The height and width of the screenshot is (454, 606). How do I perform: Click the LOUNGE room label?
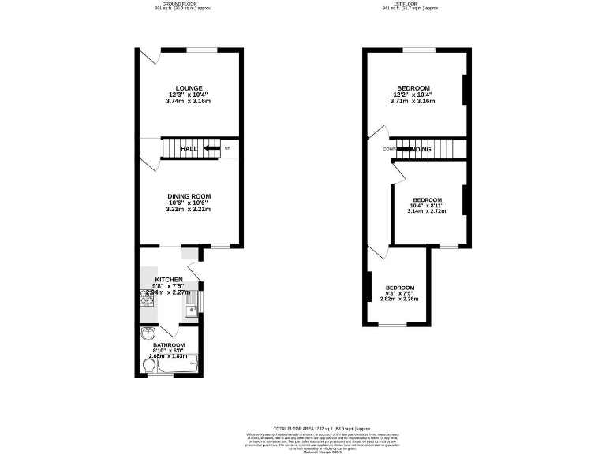tap(189, 87)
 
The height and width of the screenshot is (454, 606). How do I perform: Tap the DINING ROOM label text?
tap(189, 196)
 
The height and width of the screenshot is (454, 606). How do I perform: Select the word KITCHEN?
tap(169, 280)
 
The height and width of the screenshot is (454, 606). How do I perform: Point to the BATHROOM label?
tap(168, 345)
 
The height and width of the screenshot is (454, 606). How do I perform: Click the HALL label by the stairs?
tap(189, 149)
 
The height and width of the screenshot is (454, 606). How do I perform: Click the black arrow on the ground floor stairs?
tap(211, 148)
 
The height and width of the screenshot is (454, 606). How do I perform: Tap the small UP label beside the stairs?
tap(227, 148)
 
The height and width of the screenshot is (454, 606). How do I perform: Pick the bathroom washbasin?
tap(145, 333)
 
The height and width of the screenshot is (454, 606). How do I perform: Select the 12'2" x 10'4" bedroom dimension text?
tap(413, 94)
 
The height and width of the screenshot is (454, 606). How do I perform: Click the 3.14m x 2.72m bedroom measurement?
tap(426, 211)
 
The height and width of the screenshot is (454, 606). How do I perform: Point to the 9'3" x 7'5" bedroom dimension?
tap(398, 293)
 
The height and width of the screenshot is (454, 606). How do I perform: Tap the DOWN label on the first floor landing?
tap(390, 149)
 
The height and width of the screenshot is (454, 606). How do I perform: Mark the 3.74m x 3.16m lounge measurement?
tap(189, 101)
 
